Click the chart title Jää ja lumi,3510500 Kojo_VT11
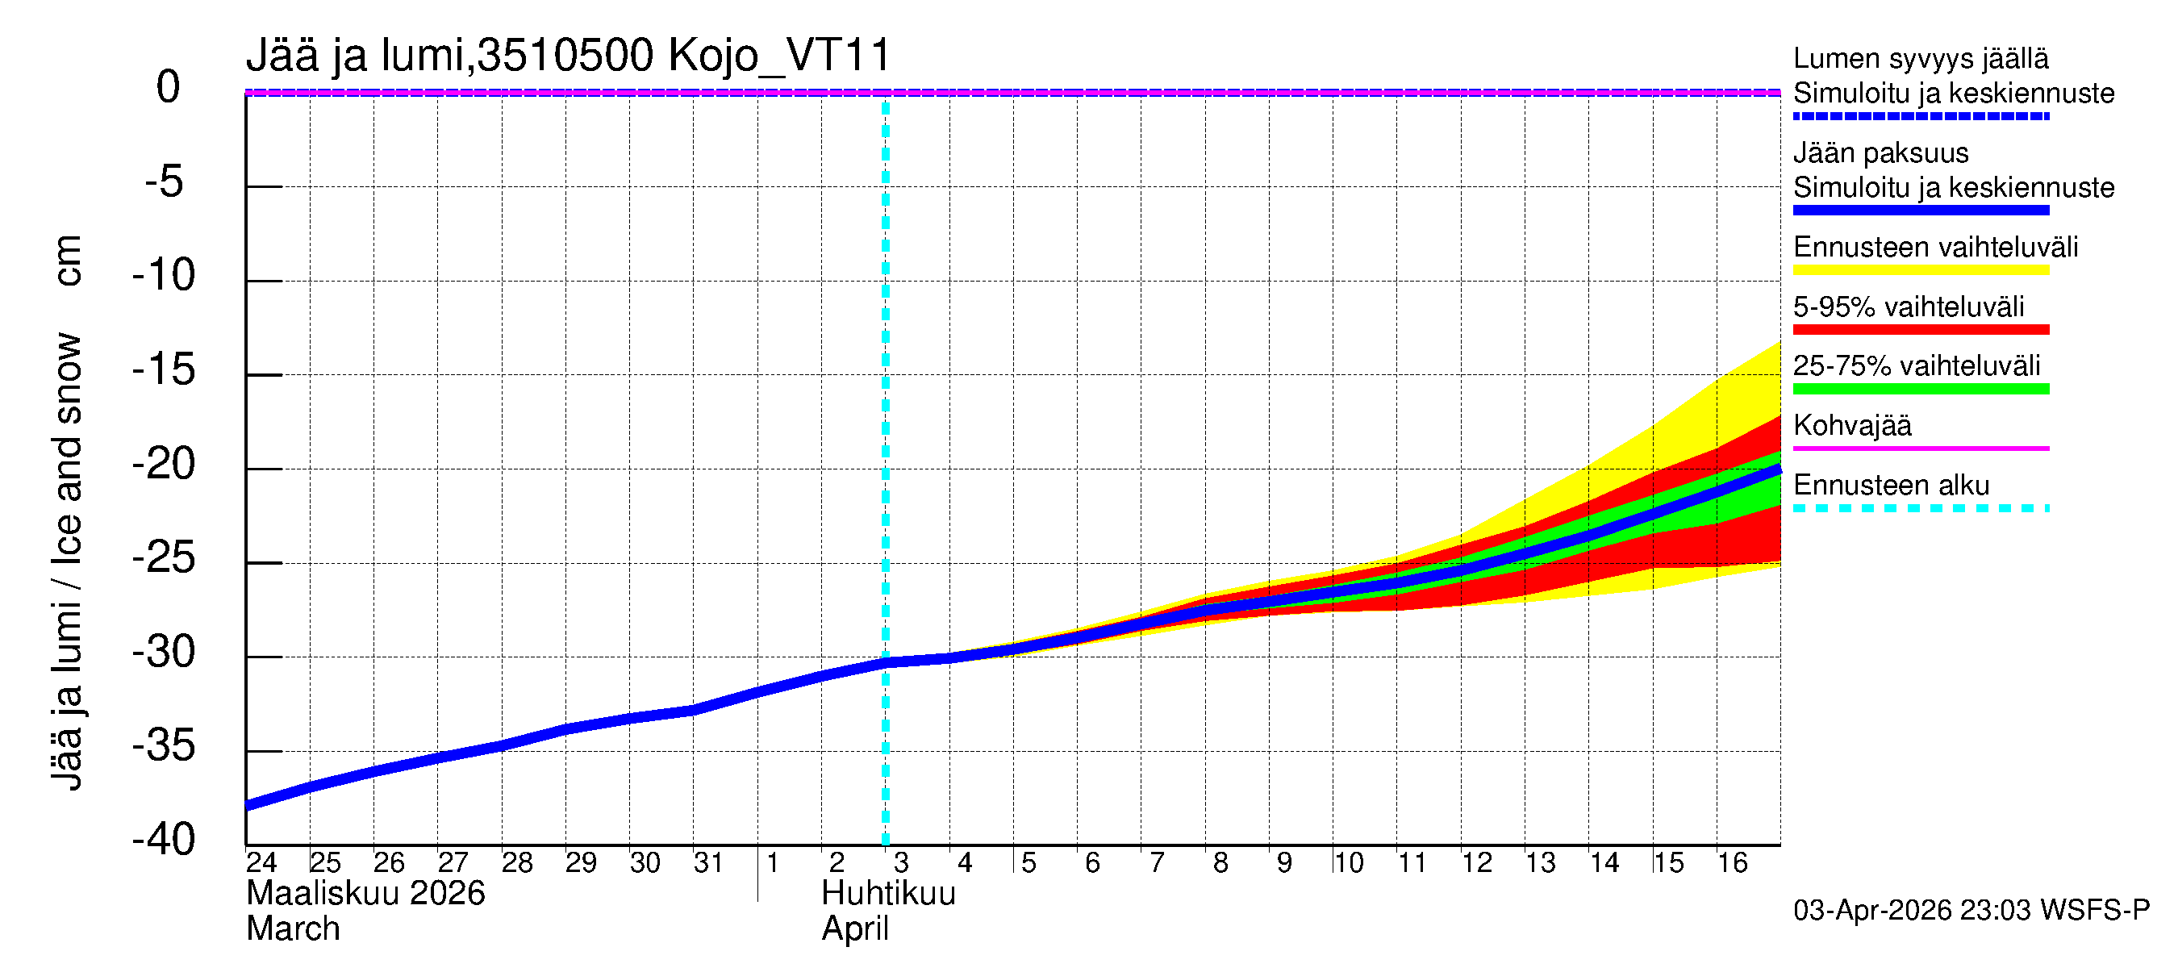(x=568, y=56)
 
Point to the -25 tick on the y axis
(x=164, y=558)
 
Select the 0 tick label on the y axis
(x=169, y=87)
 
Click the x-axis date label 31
(x=707, y=863)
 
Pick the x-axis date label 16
(x=1732, y=863)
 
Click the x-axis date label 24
(x=261, y=863)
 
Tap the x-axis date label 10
(x=1348, y=863)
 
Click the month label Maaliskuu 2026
(x=365, y=894)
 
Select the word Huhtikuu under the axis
(x=888, y=894)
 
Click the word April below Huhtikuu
(x=855, y=929)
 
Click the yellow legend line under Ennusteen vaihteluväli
(x=1920, y=270)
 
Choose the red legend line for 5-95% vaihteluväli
(x=1920, y=330)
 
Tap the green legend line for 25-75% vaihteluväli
(x=1920, y=389)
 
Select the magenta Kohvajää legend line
(x=1920, y=448)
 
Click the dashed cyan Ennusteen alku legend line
(x=1920, y=508)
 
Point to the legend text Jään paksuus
(x=1880, y=153)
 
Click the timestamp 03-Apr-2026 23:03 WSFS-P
(x=1971, y=911)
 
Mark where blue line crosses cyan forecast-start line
(x=885, y=663)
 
